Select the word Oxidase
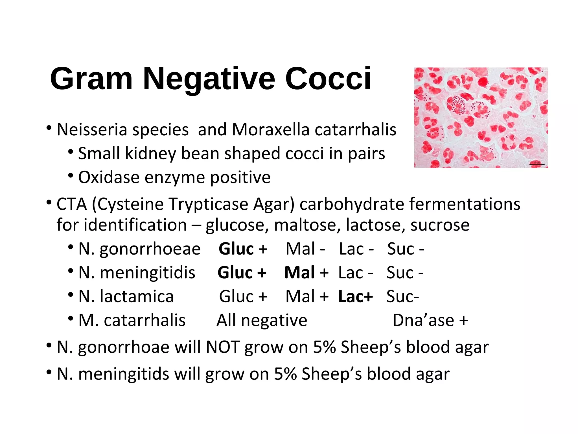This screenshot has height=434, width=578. coord(109,177)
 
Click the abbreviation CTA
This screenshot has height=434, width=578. coord(72,204)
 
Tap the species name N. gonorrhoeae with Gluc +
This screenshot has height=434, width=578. coord(139,249)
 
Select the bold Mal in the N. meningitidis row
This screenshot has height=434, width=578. coord(299,273)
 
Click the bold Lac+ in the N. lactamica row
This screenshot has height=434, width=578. coord(356,297)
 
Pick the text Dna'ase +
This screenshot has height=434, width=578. coord(430,320)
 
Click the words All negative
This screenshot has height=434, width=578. coord(262,320)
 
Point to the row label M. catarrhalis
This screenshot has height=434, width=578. coord(132,320)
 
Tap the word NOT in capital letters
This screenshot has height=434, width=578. coord(223,347)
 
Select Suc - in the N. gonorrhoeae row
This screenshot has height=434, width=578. coord(405,249)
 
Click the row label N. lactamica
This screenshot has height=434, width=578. coord(126,297)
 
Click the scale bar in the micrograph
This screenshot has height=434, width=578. coord(537,164)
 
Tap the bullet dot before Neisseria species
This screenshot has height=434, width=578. coord(49,128)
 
